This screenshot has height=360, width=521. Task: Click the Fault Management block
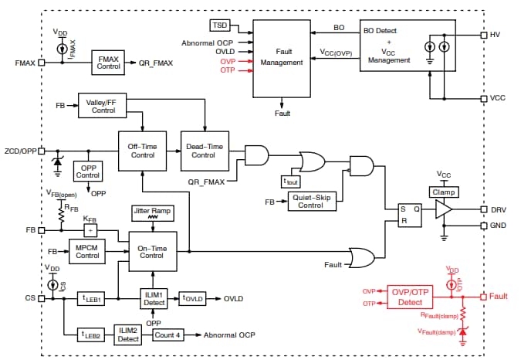282,58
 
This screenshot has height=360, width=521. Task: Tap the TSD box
221,26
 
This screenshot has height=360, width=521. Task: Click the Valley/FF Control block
103,106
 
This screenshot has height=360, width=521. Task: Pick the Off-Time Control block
142,150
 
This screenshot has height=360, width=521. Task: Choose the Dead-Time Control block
204,150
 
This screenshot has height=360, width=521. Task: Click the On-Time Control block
152,252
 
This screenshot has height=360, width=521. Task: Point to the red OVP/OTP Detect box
413,296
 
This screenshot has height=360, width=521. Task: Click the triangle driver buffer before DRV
442,209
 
